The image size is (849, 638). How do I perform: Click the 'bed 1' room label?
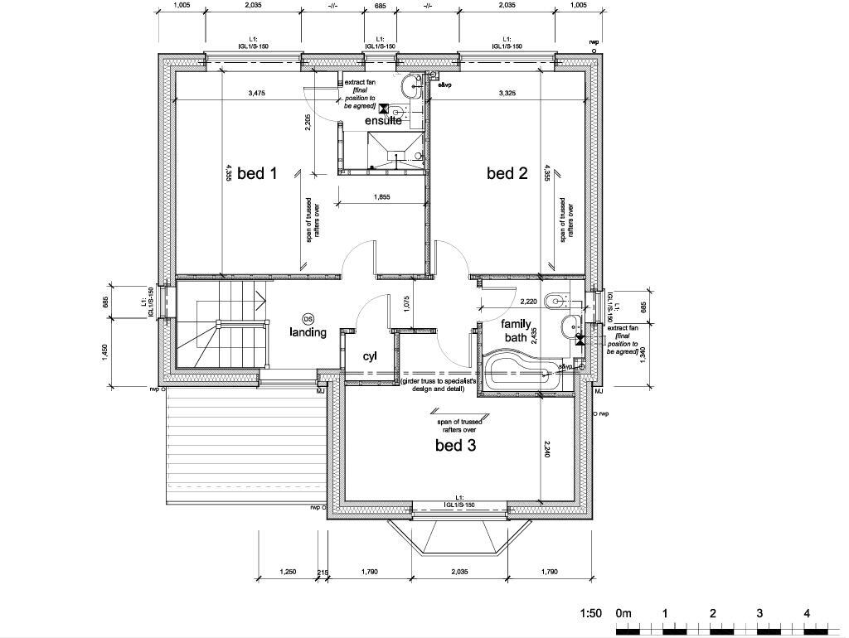[256, 173]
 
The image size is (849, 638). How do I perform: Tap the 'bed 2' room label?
[507, 173]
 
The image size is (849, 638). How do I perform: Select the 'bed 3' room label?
[456, 446]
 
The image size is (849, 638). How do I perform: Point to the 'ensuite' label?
[383, 121]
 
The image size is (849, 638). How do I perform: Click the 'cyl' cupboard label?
[370, 356]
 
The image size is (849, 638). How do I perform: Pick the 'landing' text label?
[308, 332]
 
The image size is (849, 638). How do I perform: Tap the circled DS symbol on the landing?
[308, 319]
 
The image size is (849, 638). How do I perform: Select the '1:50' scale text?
[590, 614]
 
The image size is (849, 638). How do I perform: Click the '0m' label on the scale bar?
[623, 614]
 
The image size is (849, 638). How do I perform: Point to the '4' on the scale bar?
[807, 614]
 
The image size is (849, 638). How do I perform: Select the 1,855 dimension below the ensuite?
[382, 197]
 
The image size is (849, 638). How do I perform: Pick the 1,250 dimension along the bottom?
[288, 572]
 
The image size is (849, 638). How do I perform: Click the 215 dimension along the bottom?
[323, 572]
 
